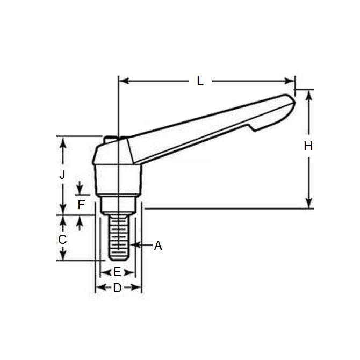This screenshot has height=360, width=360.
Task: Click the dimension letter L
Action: (x=200, y=81)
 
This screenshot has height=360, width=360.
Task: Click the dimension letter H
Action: (x=308, y=146)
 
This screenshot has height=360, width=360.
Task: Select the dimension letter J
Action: (x=62, y=175)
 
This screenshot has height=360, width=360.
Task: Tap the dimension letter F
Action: (x=81, y=204)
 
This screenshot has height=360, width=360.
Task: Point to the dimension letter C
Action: (x=62, y=239)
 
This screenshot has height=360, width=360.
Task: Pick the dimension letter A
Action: (x=157, y=246)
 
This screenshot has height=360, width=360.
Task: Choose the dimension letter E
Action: (x=117, y=272)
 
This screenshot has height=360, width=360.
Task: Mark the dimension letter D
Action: (x=117, y=289)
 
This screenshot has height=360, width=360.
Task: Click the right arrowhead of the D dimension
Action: (x=138, y=289)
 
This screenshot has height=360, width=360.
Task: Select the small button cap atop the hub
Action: (x=111, y=139)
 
